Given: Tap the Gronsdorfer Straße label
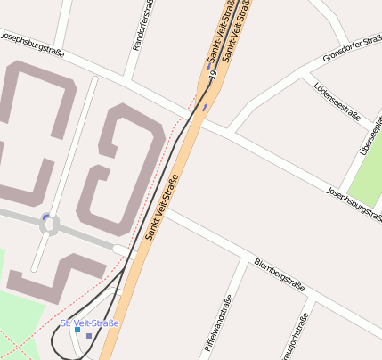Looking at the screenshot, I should pyautogui.click(x=352, y=52).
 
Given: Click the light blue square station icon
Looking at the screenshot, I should pyautogui.click(x=77, y=330).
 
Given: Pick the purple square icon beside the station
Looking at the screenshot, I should pyautogui.click(x=89, y=336).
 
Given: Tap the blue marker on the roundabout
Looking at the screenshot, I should pyautogui.click(x=45, y=217).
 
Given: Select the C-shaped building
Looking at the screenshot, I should pyautogui.click(x=36, y=134).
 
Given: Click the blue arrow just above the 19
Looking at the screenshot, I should pyautogui.click(x=210, y=67).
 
